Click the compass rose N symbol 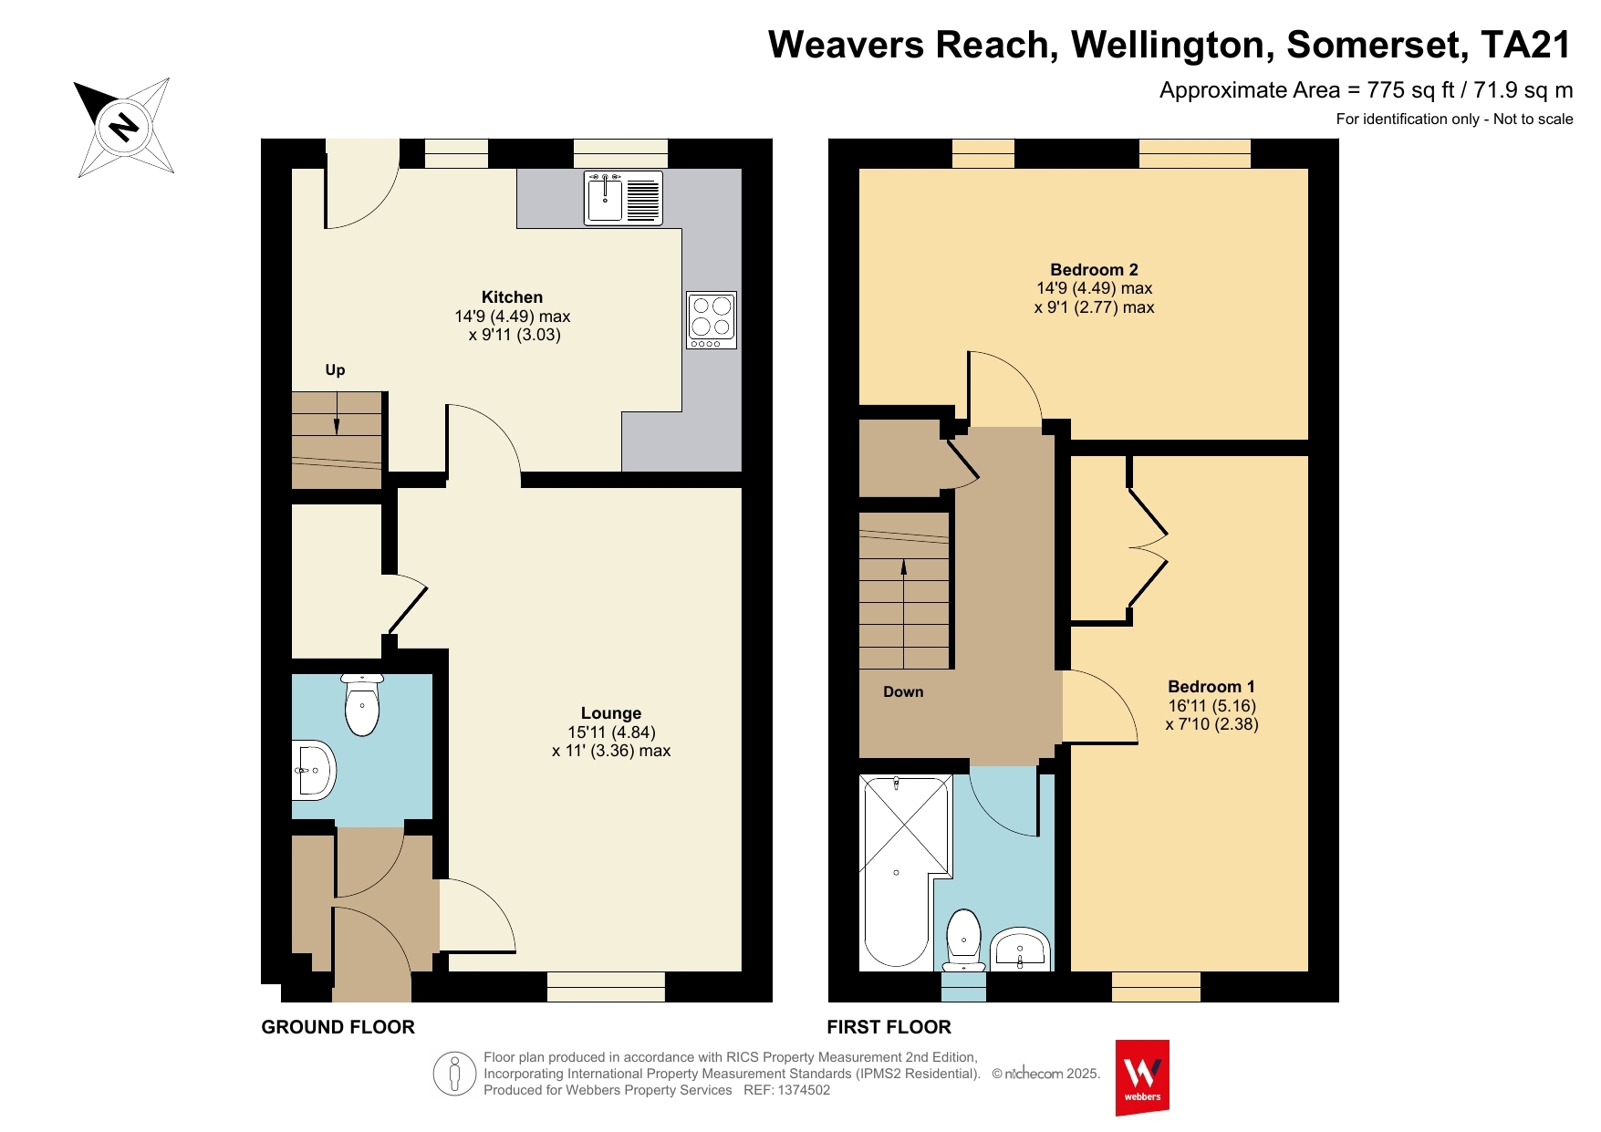tap(124, 126)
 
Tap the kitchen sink tap(624, 198)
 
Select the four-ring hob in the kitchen tap(712, 320)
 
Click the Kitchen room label tap(512, 297)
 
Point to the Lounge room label tap(611, 713)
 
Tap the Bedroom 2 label tap(1094, 270)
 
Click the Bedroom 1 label tap(1211, 687)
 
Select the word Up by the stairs tap(335, 370)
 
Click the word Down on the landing tap(903, 692)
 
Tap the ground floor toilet tap(362, 704)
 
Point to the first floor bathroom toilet tap(963, 940)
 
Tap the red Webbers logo tap(1142, 1077)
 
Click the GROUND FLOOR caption tap(338, 1028)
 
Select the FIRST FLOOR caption tap(889, 1028)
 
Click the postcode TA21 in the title tap(1526, 45)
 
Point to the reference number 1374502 tap(804, 1090)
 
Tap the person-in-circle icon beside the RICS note tap(454, 1074)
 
